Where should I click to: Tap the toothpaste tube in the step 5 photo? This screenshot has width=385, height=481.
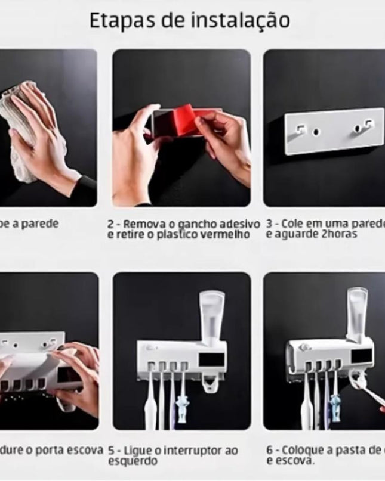click(212, 315)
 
